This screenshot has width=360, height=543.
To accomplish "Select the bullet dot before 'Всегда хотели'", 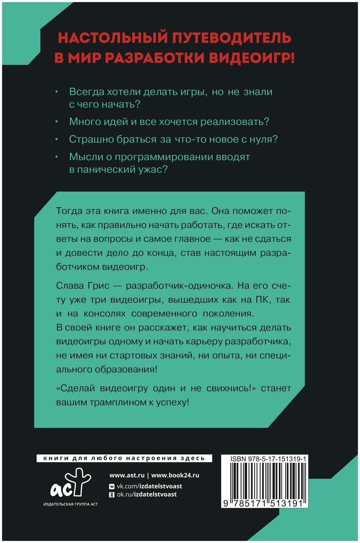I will click(x=56, y=92).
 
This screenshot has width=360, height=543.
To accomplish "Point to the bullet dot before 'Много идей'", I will click(x=56, y=122).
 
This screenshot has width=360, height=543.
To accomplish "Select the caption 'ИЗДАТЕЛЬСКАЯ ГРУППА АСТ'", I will click(x=71, y=504).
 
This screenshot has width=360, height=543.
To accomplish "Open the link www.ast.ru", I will click(x=127, y=475).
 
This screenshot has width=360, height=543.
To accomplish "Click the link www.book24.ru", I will click(x=175, y=475).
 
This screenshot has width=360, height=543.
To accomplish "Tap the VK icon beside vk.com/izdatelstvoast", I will click(x=112, y=486).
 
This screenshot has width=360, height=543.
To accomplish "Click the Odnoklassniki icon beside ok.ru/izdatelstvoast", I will click(x=112, y=495).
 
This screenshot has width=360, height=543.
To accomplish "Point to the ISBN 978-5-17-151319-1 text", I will click(x=268, y=459).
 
